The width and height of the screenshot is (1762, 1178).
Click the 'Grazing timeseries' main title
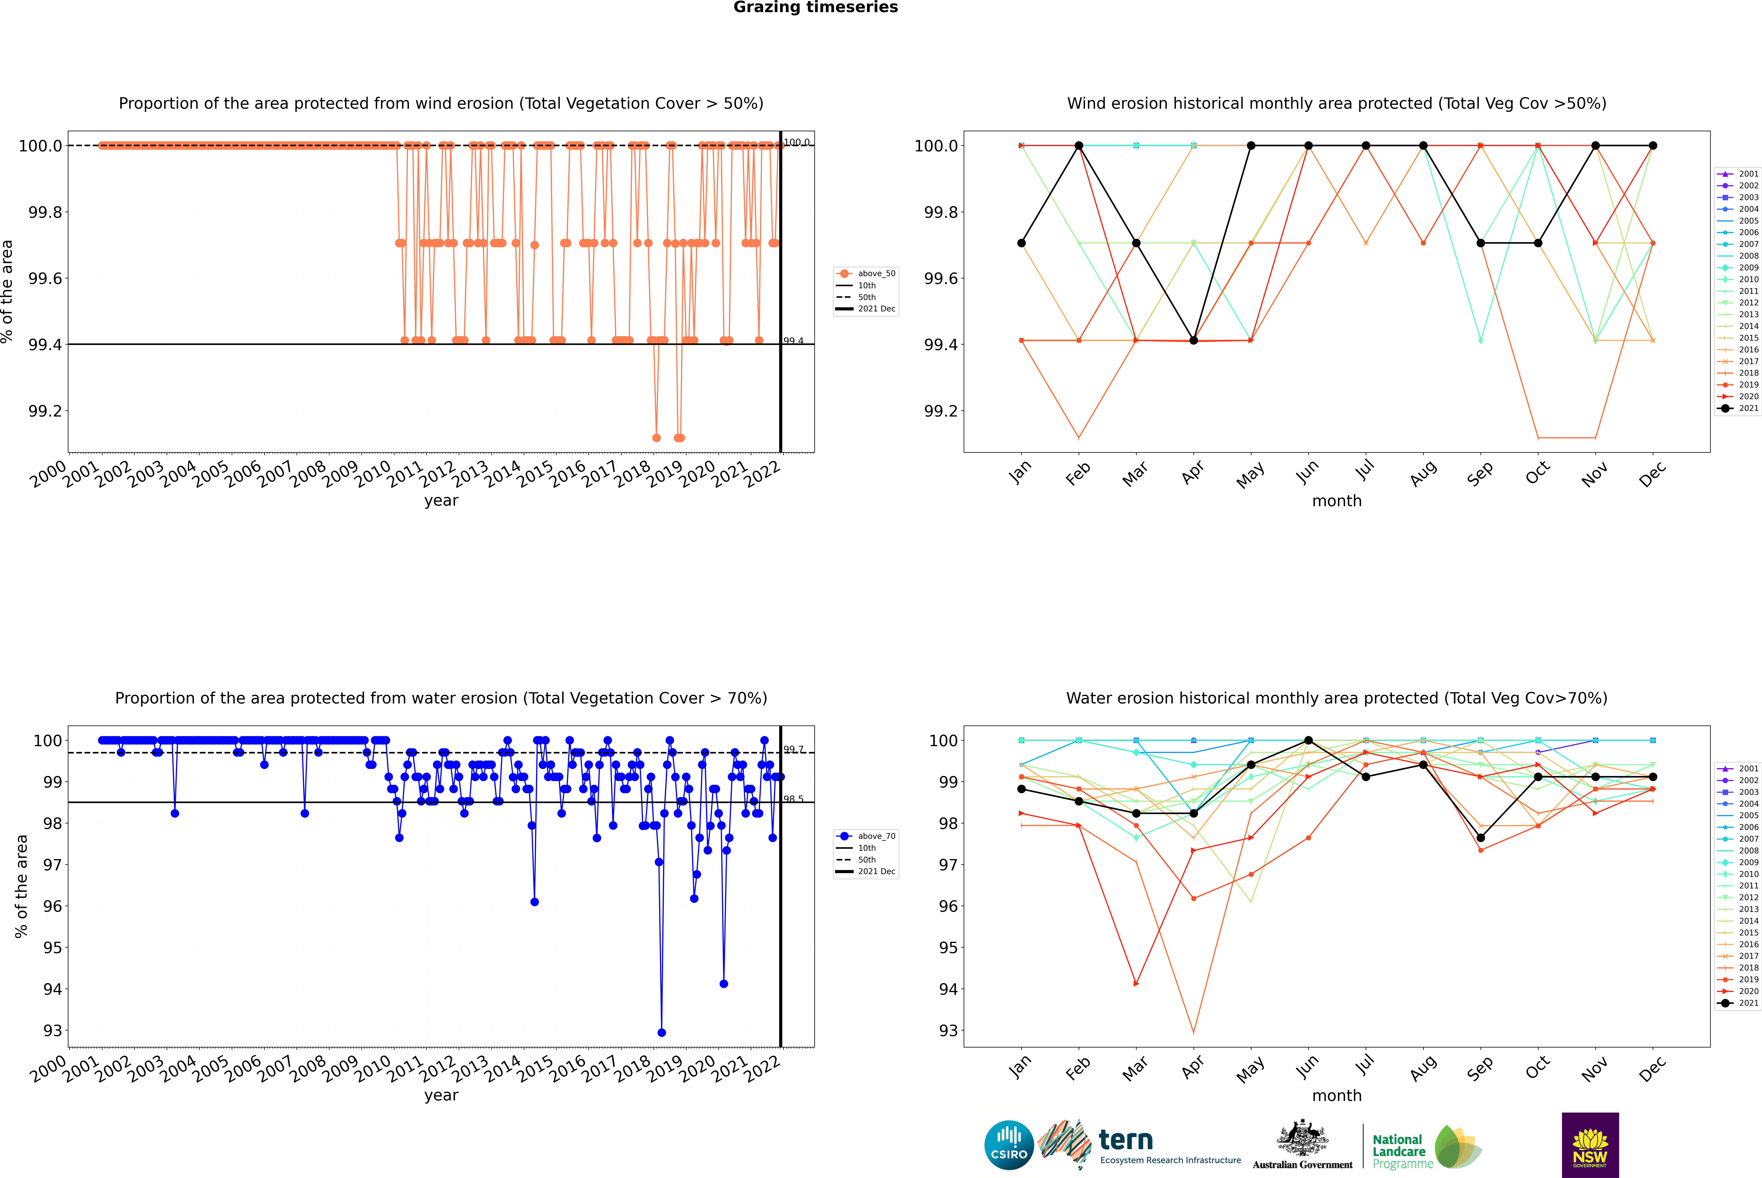[x=816, y=7]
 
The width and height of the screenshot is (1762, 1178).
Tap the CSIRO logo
[x=1009, y=1145]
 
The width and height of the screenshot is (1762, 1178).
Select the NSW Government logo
[x=1590, y=1145]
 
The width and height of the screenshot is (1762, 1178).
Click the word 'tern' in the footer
[x=1125, y=1140]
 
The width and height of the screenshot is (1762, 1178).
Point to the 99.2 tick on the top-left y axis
[x=45, y=411]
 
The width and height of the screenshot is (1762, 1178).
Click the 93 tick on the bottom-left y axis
[x=53, y=1031]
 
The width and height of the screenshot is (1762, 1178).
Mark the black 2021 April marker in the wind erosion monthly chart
[x=1193, y=340]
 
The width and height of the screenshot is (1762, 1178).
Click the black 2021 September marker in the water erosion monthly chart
[x=1480, y=838]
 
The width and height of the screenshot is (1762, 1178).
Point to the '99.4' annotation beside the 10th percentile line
[x=793, y=341]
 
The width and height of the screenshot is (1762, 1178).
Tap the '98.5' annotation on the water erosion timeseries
[x=793, y=799]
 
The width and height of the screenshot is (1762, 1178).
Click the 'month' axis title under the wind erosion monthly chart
[x=1337, y=501]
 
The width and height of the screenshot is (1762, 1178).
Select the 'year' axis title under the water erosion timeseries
[x=441, y=1095]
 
